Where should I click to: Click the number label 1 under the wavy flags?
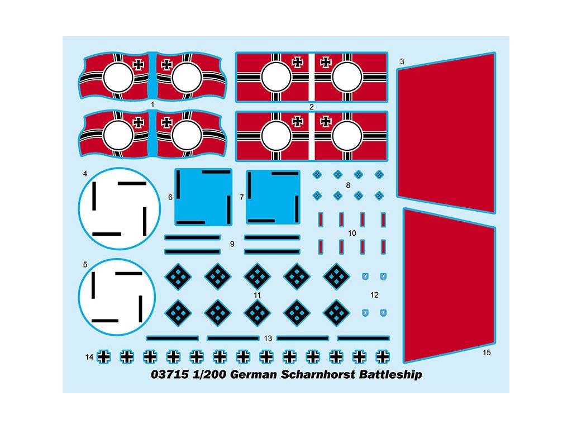[x=152, y=104]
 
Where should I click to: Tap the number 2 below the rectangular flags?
[x=312, y=107]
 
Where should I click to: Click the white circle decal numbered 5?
[x=116, y=297]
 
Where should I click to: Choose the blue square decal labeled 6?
[x=203, y=197]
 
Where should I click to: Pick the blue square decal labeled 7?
[x=273, y=197]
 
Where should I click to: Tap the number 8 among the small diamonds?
[x=348, y=185]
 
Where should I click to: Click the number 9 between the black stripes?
[x=232, y=244]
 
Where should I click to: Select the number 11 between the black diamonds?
[x=257, y=295]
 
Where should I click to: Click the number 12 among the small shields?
[x=374, y=294]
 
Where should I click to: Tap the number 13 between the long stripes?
[x=268, y=339]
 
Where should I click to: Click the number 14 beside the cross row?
[x=89, y=356]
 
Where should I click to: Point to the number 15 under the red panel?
[x=487, y=352]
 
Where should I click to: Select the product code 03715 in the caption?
[x=166, y=374]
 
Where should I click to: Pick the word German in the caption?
[x=254, y=374]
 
